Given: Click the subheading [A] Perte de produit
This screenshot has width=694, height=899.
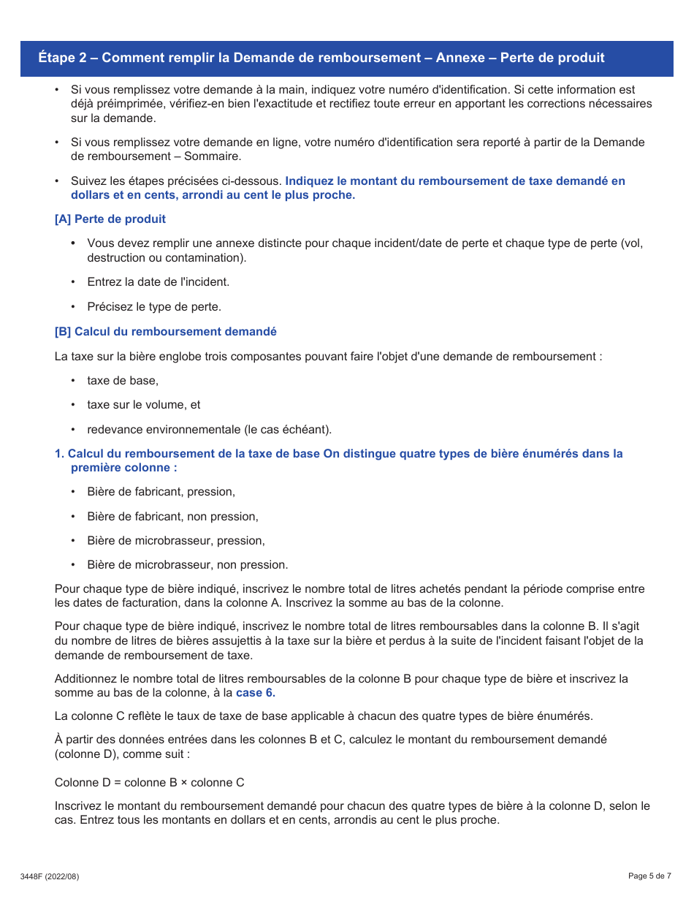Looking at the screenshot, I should click(x=110, y=219).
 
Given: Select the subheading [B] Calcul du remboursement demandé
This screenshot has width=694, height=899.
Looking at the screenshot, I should click(x=166, y=332).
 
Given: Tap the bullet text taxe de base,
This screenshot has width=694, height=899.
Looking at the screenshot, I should click(x=123, y=381).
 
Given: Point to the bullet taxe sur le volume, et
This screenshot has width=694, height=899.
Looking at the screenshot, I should click(x=144, y=405).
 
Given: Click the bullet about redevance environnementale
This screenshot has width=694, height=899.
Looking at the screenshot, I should click(x=209, y=429).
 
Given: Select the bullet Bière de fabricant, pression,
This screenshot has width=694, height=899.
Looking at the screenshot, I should click(x=161, y=492).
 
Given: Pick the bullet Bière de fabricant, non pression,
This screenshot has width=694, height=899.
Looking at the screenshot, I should click(x=173, y=517).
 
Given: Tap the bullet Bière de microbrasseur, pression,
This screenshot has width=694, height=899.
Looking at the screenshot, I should click(x=176, y=541).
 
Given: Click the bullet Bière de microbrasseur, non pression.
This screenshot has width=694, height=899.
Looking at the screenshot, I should click(x=188, y=565).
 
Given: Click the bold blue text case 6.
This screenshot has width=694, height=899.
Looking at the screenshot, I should click(x=256, y=693).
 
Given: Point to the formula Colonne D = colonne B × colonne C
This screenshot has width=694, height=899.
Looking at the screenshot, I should click(x=150, y=783).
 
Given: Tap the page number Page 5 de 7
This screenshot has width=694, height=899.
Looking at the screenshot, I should click(x=649, y=876).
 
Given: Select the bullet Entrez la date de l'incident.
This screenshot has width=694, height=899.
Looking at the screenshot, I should click(x=159, y=282).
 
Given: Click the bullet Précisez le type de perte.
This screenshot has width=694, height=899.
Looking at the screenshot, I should click(x=154, y=307).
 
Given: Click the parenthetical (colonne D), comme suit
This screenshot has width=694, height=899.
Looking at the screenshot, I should click(x=122, y=754).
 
